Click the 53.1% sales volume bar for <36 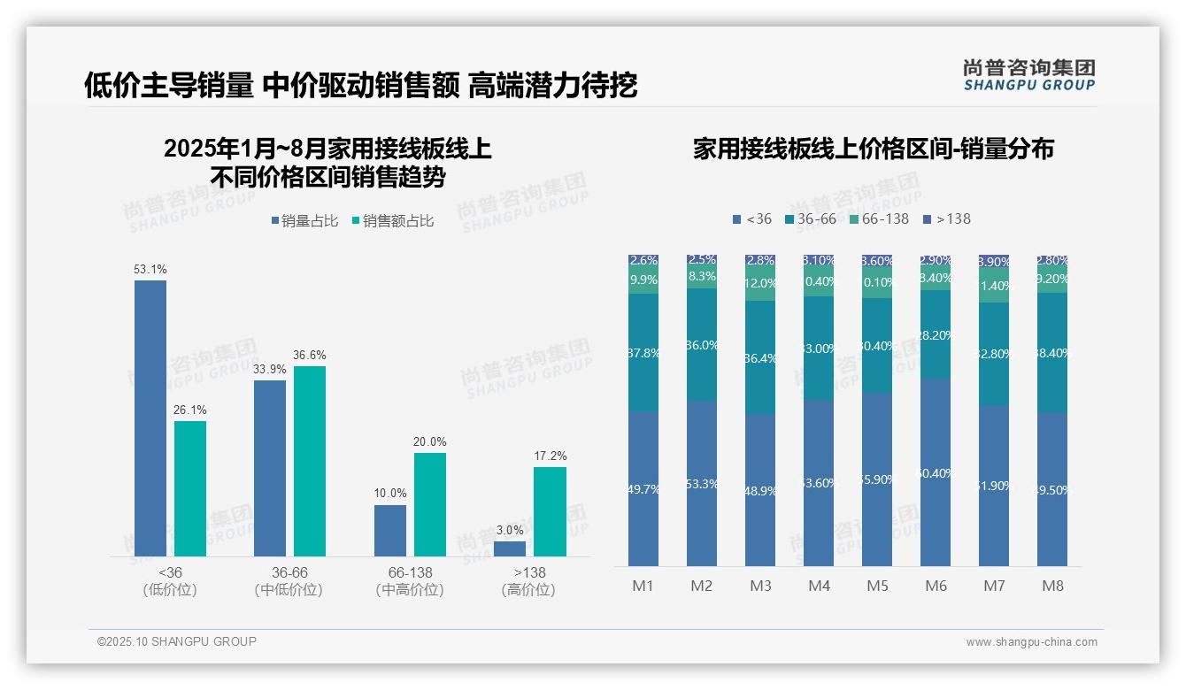point(150,418)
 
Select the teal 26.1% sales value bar point(190,488)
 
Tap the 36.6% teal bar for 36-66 point(310,461)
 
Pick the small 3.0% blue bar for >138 point(510,548)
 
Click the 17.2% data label point(550,456)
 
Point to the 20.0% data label point(430,441)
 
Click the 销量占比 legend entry point(304,221)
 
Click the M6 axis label point(936,586)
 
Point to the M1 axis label point(643,586)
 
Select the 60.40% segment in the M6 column point(936,473)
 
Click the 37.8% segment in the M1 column point(643,352)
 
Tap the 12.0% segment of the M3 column point(760,284)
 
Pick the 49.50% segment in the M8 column point(1052,489)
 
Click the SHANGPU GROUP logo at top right point(1028,75)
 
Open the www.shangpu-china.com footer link point(1031,642)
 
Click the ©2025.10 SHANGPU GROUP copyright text point(177,641)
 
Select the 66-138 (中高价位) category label point(410,581)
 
